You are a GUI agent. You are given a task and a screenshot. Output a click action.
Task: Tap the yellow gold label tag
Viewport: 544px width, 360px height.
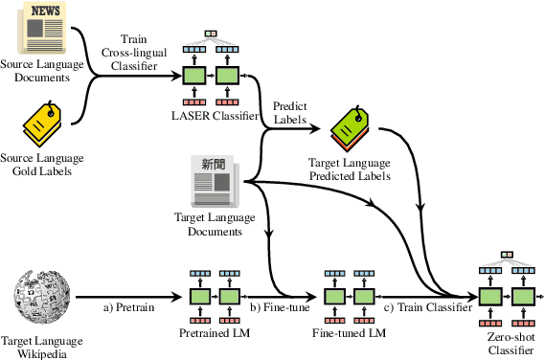(44, 124)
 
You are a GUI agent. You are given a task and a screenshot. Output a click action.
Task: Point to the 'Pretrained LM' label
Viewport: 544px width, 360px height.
(215, 332)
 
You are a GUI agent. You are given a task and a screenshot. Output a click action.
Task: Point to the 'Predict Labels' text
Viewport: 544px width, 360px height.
(289, 114)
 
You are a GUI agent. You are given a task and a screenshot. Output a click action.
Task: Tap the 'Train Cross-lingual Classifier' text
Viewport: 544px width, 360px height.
(132, 49)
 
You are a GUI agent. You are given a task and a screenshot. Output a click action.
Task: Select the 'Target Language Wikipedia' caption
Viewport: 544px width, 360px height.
(43, 346)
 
